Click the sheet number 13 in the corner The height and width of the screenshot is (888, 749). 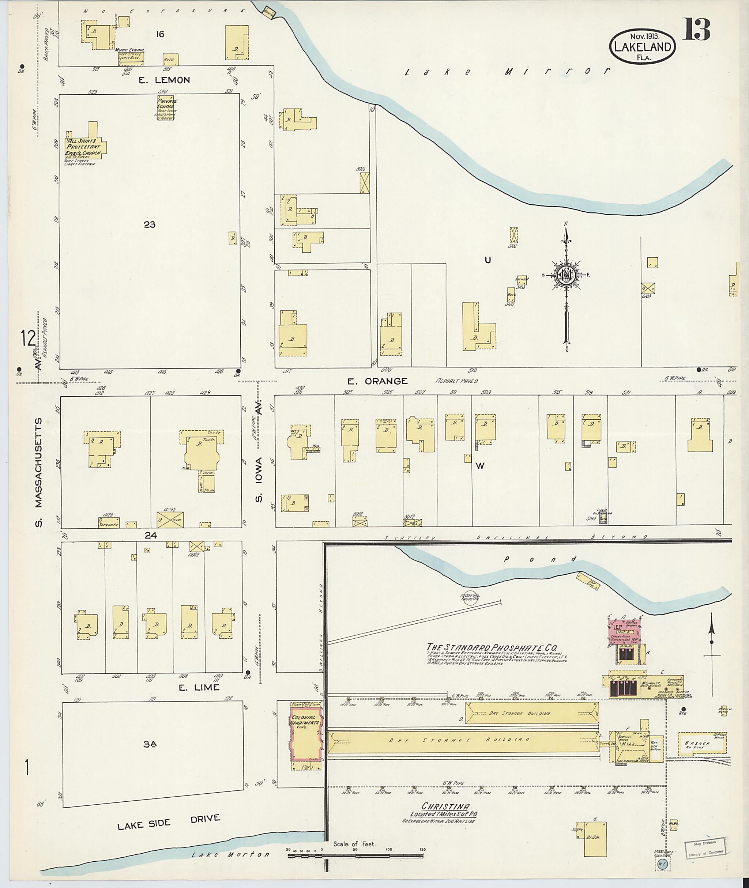click(x=696, y=30)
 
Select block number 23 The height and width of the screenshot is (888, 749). click(x=150, y=225)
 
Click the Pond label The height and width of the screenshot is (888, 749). click(x=539, y=559)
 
